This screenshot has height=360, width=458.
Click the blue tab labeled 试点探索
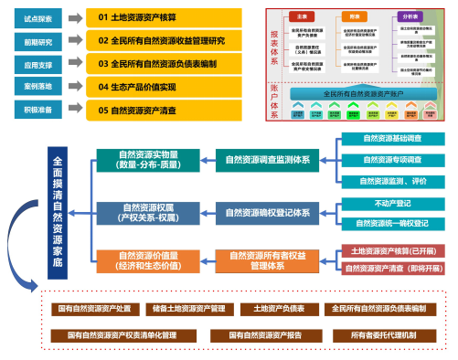[x=33, y=17]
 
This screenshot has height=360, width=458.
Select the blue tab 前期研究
[x=33, y=41]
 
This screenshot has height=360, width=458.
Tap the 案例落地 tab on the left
[x=33, y=87]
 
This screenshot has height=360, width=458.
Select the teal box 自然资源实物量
[x=148, y=162]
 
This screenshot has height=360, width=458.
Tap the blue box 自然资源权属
[x=148, y=213]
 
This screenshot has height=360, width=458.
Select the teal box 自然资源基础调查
[x=392, y=139]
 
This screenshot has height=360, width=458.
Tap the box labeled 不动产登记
[x=392, y=204]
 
